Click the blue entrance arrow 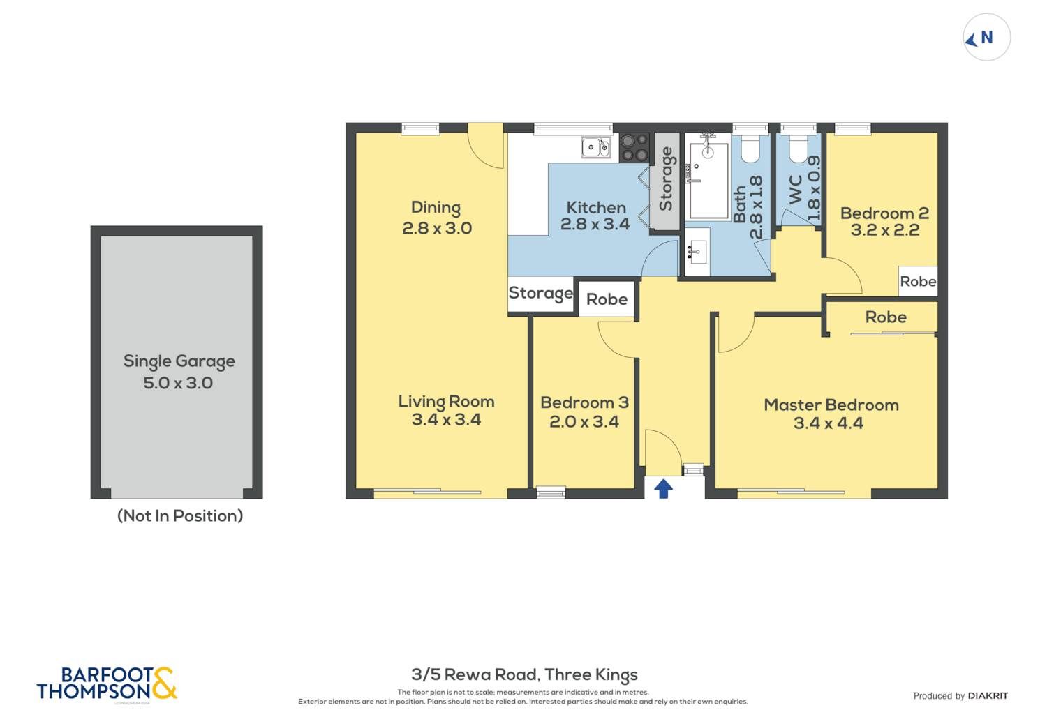pos(663,489)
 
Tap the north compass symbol pos(987,38)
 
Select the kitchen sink pos(596,147)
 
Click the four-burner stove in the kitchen pos(634,148)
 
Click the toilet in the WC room pos(799,149)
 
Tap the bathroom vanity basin pos(697,252)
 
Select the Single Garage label pos(179,362)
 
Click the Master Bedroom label pos(831,405)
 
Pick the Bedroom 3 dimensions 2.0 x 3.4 pos(584,422)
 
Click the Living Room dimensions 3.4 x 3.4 pos(446,419)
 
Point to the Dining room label pos(436,208)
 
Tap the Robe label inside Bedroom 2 pos(918,281)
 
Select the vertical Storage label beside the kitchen pos(666,179)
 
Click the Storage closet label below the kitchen pos(540,294)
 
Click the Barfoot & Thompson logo pos(107,683)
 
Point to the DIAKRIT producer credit pos(988,696)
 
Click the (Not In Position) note pos(180,515)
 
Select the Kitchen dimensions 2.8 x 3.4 pos(595,224)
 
